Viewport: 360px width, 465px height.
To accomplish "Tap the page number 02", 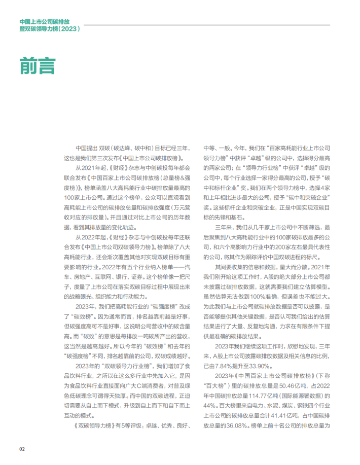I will [x=22, y=449].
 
